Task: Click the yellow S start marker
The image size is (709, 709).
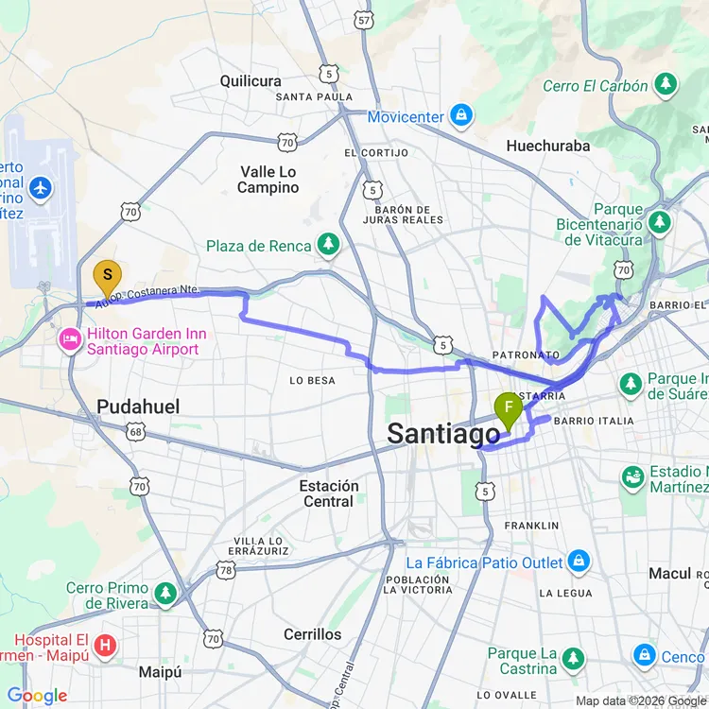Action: [x=107, y=276]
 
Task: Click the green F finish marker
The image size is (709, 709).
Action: [x=509, y=409]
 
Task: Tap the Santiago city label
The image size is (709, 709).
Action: [x=443, y=434]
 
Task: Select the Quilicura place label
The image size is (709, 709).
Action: [x=251, y=81]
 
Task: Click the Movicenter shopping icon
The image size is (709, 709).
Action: [x=460, y=116]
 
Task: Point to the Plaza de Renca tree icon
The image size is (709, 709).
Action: [x=328, y=246]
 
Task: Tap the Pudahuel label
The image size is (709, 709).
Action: [x=138, y=406]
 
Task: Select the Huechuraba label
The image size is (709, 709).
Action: [x=548, y=146]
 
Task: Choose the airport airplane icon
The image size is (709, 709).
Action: [x=40, y=188]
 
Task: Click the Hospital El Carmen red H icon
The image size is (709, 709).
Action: [x=107, y=646]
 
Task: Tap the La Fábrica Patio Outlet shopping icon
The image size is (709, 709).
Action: [x=579, y=562]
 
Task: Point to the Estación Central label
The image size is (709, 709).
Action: [x=329, y=493]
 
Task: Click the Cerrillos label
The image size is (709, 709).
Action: [x=313, y=634]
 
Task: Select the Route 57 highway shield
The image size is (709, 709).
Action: [x=364, y=19]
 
